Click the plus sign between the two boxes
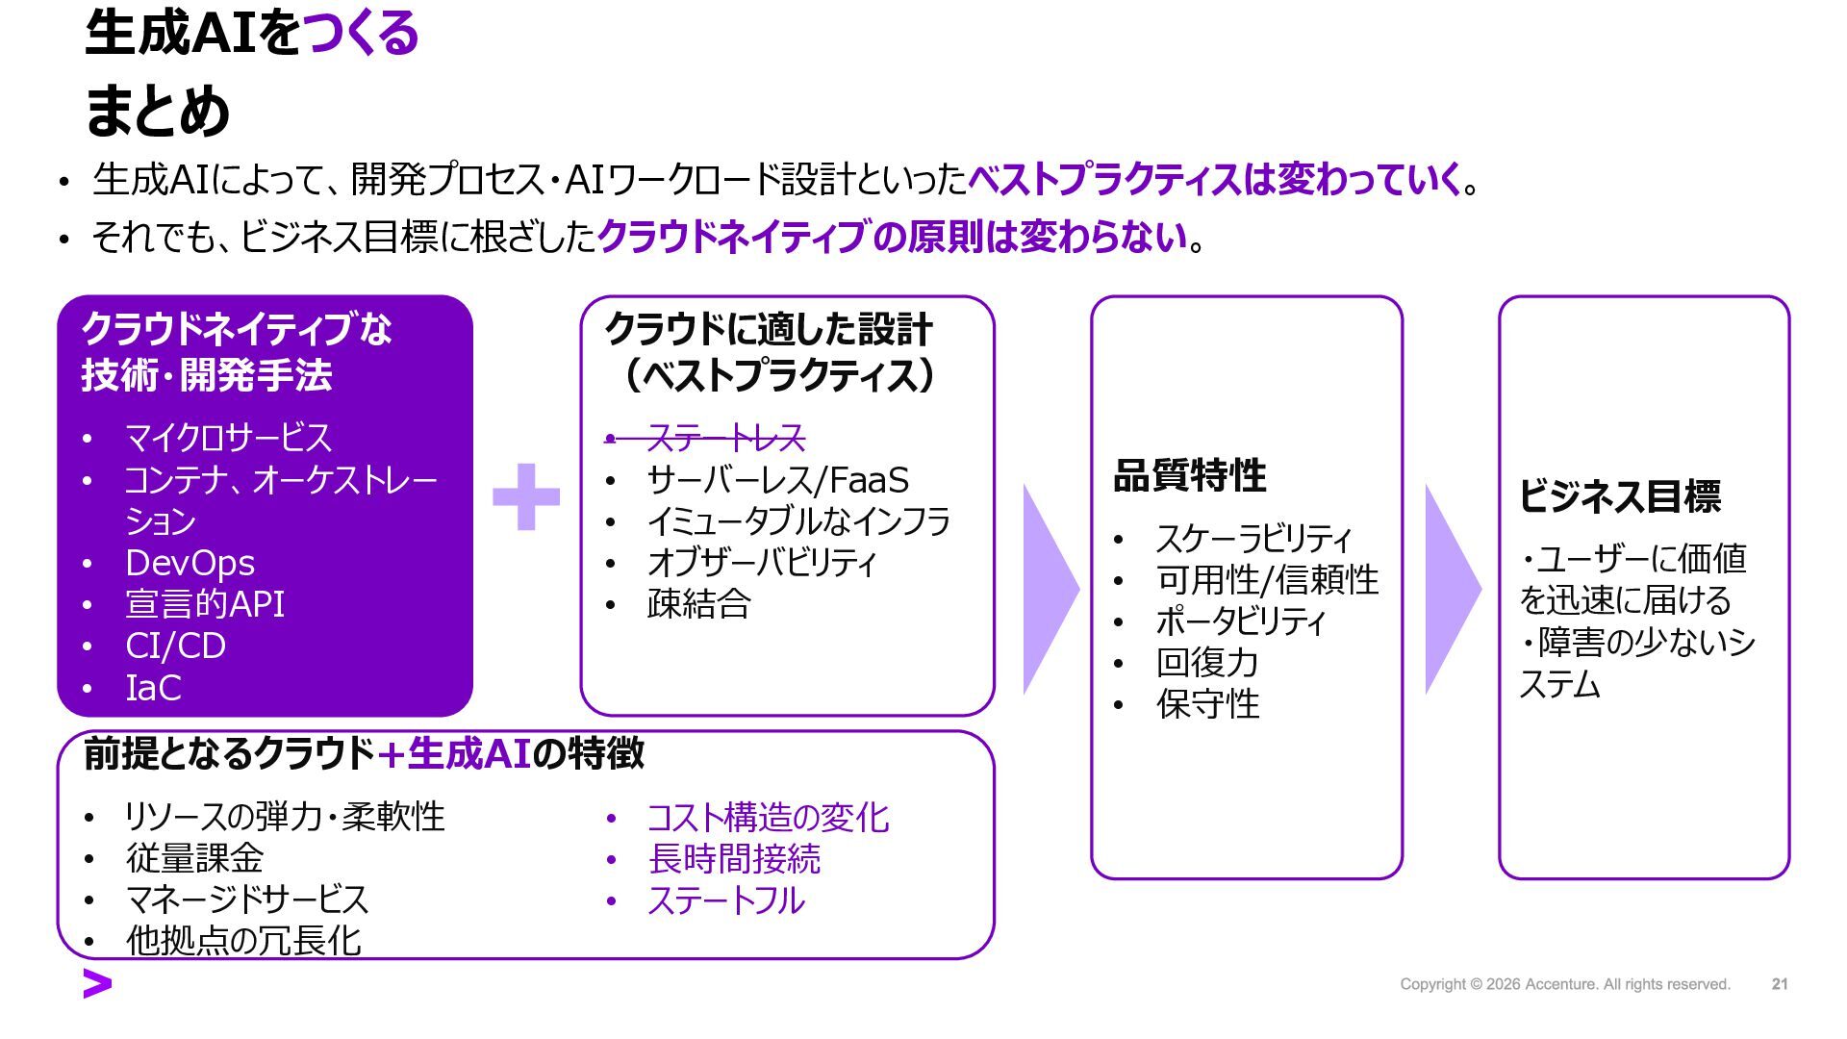(x=525, y=496)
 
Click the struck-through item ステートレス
(x=725, y=439)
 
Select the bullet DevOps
(x=190, y=563)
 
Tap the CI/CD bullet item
(x=175, y=646)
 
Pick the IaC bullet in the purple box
(x=153, y=688)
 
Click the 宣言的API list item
(x=205, y=604)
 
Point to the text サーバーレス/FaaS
(x=777, y=480)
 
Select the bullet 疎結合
(x=698, y=604)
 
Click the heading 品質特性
(x=1189, y=475)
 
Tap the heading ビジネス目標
(x=1620, y=496)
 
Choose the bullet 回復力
(x=1206, y=663)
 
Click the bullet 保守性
(x=1207, y=704)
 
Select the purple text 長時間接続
(x=734, y=859)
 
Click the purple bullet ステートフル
(x=726, y=900)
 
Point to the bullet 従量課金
(x=194, y=858)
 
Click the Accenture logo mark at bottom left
(x=97, y=984)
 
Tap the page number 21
(x=1780, y=984)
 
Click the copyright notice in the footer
(x=1564, y=984)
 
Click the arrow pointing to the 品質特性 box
(x=1049, y=589)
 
